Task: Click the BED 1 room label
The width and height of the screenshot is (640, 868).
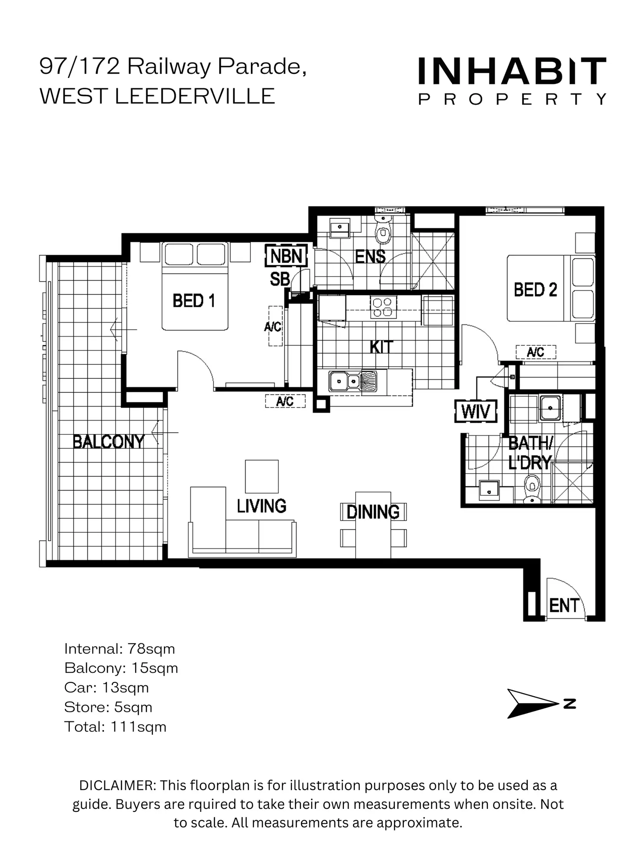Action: pos(194,301)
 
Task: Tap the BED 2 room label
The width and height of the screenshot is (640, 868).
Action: pos(535,290)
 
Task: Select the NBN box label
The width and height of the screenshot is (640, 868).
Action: pos(286,256)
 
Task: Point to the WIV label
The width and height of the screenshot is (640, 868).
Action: pos(476,411)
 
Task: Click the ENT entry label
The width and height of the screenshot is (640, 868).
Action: pos(564,605)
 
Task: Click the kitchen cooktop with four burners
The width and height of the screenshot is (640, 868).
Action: pos(383,307)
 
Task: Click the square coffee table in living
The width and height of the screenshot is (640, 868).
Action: pos(262,476)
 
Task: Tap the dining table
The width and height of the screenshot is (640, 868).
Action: pos(373,525)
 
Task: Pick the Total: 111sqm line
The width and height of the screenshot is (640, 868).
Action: pos(115,727)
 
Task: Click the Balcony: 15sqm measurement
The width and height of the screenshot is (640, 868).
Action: pos(121,668)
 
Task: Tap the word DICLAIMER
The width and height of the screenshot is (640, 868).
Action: pos(117,786)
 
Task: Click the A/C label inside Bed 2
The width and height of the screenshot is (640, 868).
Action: pos(535,352)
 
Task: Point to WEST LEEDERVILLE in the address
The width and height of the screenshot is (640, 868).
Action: pos(157,96)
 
